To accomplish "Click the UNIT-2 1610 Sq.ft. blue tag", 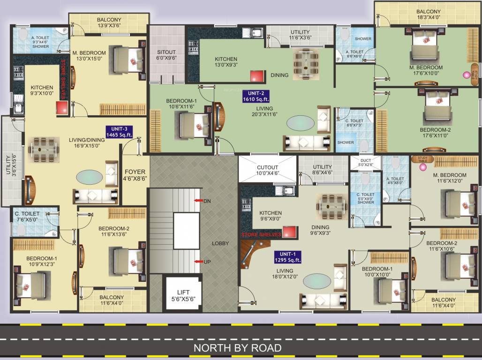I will (x=256, y=96).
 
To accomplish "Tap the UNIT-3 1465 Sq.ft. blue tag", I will (x=119, y=132).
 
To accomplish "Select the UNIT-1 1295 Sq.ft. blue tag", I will (x=288, y=257).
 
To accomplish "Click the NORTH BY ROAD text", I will (x=238, y=348).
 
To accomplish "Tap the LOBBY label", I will (x=220, y=243).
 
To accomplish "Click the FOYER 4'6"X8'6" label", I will (x=135, y=175).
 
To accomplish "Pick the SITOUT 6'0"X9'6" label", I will (x=166, y=55).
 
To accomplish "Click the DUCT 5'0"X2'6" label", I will (x=365, y=162).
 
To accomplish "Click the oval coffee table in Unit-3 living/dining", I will (x=89, y=177).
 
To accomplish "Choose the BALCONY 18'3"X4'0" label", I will (x=428, y=15).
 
